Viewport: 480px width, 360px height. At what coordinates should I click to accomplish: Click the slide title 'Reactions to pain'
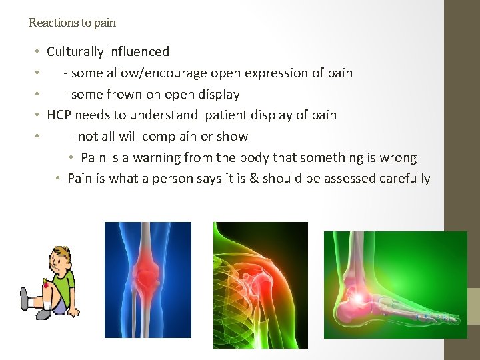72,23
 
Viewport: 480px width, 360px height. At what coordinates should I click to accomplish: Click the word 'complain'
173,136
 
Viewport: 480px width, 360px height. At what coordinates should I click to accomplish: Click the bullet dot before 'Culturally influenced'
39,52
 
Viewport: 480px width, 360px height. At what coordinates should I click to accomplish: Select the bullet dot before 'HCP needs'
39,115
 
